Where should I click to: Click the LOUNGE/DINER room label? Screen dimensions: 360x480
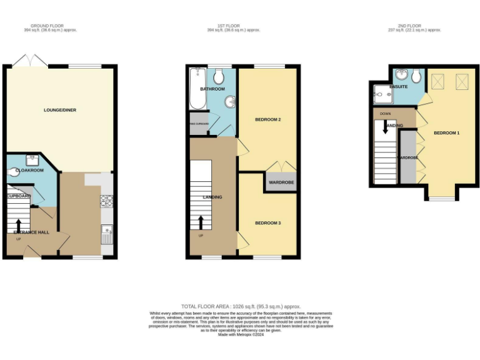[60, 111]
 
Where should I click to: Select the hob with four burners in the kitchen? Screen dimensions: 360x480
[106, 201]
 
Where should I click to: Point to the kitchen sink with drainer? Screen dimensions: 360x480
[106, 234]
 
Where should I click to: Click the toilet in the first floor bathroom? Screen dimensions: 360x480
[219, 77]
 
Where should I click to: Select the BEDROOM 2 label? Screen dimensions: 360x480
[267, 119]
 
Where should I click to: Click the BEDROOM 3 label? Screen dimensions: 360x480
[267, 223]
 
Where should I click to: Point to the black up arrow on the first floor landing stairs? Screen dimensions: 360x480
[201, 222]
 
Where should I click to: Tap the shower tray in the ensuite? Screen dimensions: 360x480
[381, 95]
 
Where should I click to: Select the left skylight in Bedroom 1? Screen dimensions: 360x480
[437, 80]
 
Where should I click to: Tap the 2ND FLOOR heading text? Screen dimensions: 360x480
[414, 26]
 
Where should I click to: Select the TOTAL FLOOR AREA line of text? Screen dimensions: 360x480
[241, 306]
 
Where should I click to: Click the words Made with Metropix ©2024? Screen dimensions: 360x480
[241, 334]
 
